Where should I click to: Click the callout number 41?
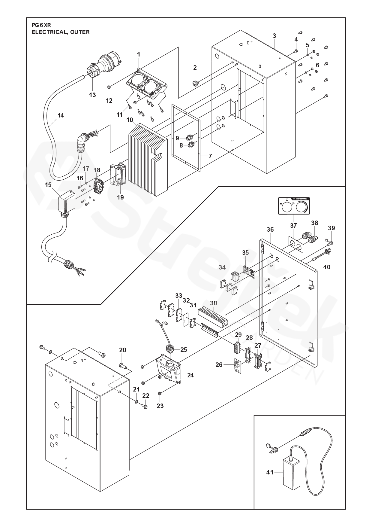[270, 472]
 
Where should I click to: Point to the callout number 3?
[274, 36]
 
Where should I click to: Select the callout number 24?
[190, 375]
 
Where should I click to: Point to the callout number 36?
[270, 230]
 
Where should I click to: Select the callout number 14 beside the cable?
[61, 115]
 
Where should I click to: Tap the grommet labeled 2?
[196, 82]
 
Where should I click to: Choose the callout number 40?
[327, 267]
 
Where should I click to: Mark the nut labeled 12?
[109, 87]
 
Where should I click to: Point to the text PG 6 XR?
[41, 25]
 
